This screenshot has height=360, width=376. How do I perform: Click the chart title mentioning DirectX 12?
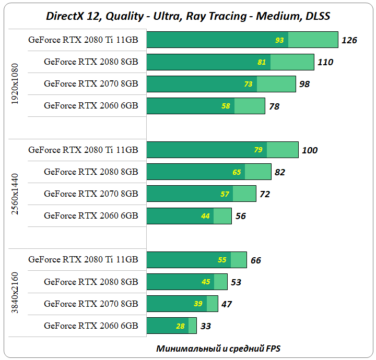(x=188, y=16)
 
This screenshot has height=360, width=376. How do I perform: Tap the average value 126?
(x=349, y=40)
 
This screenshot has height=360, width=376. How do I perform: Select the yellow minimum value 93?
(x=280, y=40)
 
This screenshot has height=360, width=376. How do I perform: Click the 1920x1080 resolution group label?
(x=15, y=84)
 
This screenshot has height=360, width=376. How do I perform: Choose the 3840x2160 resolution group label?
(x=15, y=293)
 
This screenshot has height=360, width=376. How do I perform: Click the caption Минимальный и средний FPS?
(x=222, y=348)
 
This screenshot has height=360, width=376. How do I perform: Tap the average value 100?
(x=310, y=150)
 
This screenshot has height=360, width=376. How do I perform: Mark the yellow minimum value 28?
(x=181, y=326)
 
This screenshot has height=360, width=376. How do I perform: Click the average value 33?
(x=206, y=326)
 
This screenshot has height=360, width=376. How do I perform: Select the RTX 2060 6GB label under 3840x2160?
(x=91, y=326)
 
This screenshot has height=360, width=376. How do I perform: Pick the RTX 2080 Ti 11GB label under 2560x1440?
(x=83, y=150)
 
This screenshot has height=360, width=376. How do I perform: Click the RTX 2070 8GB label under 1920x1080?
(x=91, y=83)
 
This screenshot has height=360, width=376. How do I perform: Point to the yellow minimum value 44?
(x=205, y=215)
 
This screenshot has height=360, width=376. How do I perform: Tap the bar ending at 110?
(x=230, y=62)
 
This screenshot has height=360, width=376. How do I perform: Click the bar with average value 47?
(x=182, y=304)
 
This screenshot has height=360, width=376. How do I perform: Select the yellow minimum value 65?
(x=237, y=172)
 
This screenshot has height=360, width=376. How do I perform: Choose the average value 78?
(x=274, y=106)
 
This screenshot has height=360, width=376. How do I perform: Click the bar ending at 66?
(x=196, y=260)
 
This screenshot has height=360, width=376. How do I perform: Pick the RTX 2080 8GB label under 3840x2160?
(x=91, y=282)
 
